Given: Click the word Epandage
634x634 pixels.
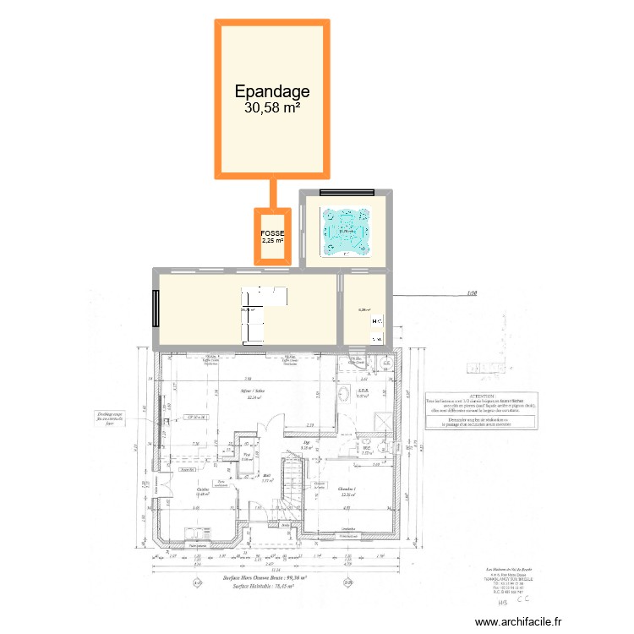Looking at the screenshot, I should (272, 91).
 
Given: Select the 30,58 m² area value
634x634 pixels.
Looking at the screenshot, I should (272, 108).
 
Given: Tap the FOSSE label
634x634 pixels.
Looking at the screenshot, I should (272, 232).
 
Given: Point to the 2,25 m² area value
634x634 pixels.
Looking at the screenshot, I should (272, 241).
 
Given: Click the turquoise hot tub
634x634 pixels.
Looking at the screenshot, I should (345, 231).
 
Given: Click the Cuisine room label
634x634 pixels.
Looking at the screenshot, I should (203, 489).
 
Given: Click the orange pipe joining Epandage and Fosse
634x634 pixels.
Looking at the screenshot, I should (272, 193).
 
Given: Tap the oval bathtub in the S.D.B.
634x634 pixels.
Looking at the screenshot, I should (345, 395).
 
